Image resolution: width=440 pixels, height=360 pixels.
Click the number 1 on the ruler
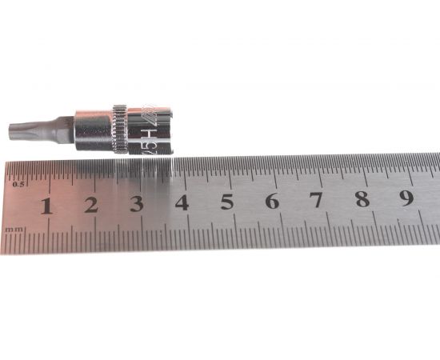click(x=46, y=206)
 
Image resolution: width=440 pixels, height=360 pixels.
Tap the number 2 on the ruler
click(x=90, y=205)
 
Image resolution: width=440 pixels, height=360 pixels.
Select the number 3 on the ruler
click(x=136, y=204)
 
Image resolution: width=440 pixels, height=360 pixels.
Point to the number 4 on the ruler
click(x=182, y=202)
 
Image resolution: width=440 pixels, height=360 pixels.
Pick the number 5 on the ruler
click(x=227, y=202)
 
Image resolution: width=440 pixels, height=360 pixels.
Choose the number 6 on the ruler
click(x=272, y=201)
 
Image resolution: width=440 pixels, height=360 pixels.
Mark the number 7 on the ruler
click(x=317, y=200)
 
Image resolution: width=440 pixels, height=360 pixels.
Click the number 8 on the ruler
click(x=362, y=199)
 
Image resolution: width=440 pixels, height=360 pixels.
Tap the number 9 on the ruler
click(x=407, y=198)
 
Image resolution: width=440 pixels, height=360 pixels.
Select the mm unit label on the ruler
click(x=14, y=230)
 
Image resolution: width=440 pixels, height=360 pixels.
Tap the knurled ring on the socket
click(x=120, y=129)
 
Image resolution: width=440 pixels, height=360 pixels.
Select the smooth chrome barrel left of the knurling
click(x=94, y=129)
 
